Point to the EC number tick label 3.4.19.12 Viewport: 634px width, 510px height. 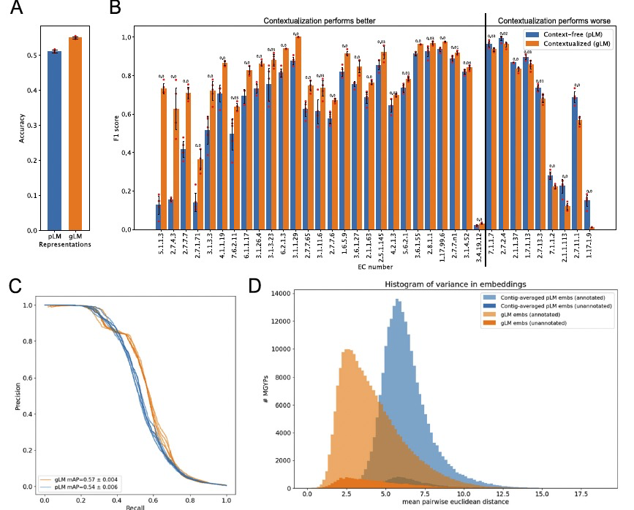tap(480, 250)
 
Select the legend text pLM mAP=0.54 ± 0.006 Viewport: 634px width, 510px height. tap(90, 487)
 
